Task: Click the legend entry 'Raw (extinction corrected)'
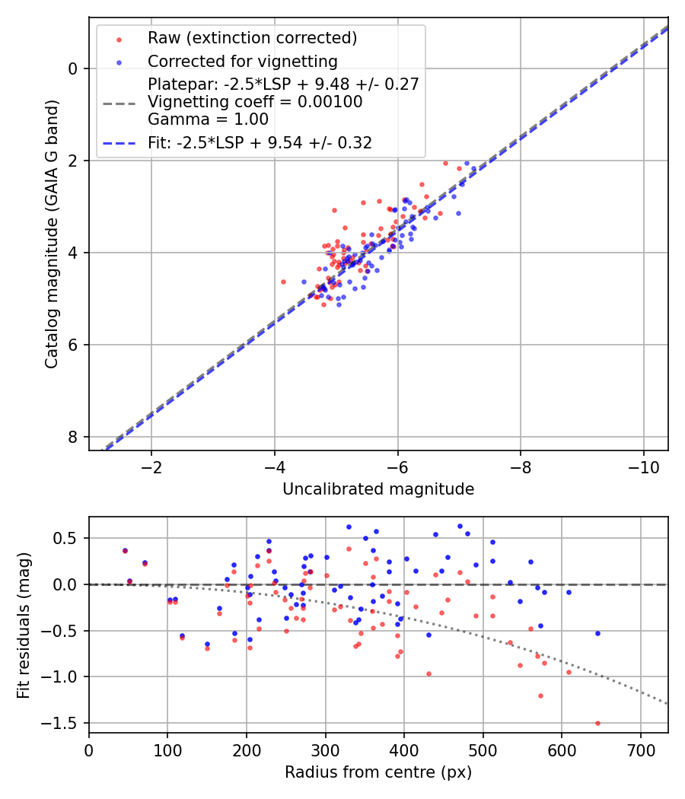click(x=252, y=38)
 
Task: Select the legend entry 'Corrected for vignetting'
click(x=242, y=61)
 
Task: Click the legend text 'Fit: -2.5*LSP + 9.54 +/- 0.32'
click(x=260, y=143)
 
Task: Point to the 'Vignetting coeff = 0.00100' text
click(x=255, y=102)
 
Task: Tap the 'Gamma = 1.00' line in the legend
click(x=208, y=119)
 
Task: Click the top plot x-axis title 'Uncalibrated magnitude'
click(x=378, y=489)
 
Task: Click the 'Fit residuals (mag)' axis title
click(x=24, y=626)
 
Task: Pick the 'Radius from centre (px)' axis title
click(x=378, y=772)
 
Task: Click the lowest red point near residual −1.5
click(x=597, y=723)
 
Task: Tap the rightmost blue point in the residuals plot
click(x=597, y=633)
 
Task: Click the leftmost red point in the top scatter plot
click(x=284, y=282)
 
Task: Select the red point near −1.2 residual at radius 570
click(x=540, y=696)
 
